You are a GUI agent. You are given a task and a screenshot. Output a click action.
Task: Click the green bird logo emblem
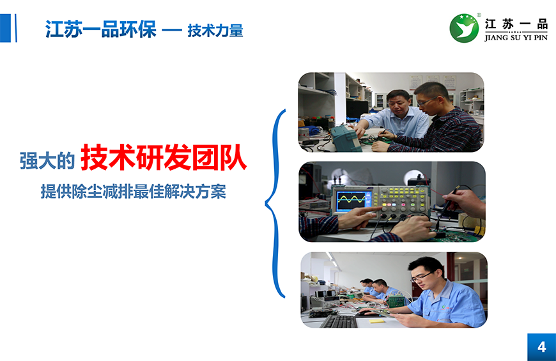464,28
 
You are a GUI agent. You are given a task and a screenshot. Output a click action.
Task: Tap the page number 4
541,347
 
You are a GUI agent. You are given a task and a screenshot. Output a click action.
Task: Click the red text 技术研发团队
164,158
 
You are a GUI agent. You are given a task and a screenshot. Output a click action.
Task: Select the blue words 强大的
47,160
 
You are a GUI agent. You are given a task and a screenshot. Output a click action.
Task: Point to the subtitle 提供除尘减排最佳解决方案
134,192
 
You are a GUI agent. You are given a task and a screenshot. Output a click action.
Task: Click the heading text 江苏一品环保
101,29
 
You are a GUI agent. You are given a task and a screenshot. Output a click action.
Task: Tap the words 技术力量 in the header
215,31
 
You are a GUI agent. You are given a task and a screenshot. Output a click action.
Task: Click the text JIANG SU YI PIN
516,38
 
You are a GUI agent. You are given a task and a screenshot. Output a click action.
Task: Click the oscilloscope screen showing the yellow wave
352,201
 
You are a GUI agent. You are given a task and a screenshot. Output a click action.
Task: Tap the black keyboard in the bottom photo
339,321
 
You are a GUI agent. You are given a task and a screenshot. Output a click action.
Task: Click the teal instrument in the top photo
346,138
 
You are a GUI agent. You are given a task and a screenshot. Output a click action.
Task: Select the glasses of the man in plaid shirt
426,102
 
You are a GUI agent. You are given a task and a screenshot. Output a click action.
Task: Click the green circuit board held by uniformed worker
396,301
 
